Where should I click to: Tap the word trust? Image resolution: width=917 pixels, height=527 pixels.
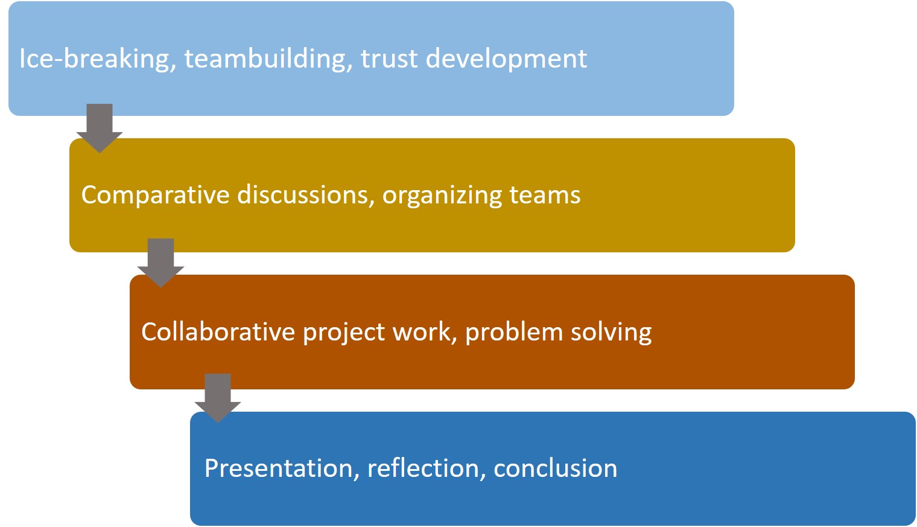tap(389, 59)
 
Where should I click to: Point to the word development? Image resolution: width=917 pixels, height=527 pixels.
tap(506, 59)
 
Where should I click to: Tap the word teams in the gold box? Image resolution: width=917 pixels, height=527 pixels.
tap(545, 196)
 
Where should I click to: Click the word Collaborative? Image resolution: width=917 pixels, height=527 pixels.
tap(218, 331)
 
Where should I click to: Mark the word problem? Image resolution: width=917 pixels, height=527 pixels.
tap(514, 331)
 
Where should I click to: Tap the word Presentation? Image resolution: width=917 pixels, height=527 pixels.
tap(278, 468)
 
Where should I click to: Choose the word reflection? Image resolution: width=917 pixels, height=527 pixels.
tap(424, 468)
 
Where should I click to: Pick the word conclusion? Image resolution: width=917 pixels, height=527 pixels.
tap(556, 468)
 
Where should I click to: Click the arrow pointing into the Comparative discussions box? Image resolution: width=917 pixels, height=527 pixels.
tap(100, 128)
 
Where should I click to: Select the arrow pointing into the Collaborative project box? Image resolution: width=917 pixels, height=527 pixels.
tap(160, 263)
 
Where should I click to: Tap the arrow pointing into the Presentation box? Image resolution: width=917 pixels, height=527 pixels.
tap(217, 398)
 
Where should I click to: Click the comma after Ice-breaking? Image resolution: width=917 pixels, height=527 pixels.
tap(173, 68)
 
